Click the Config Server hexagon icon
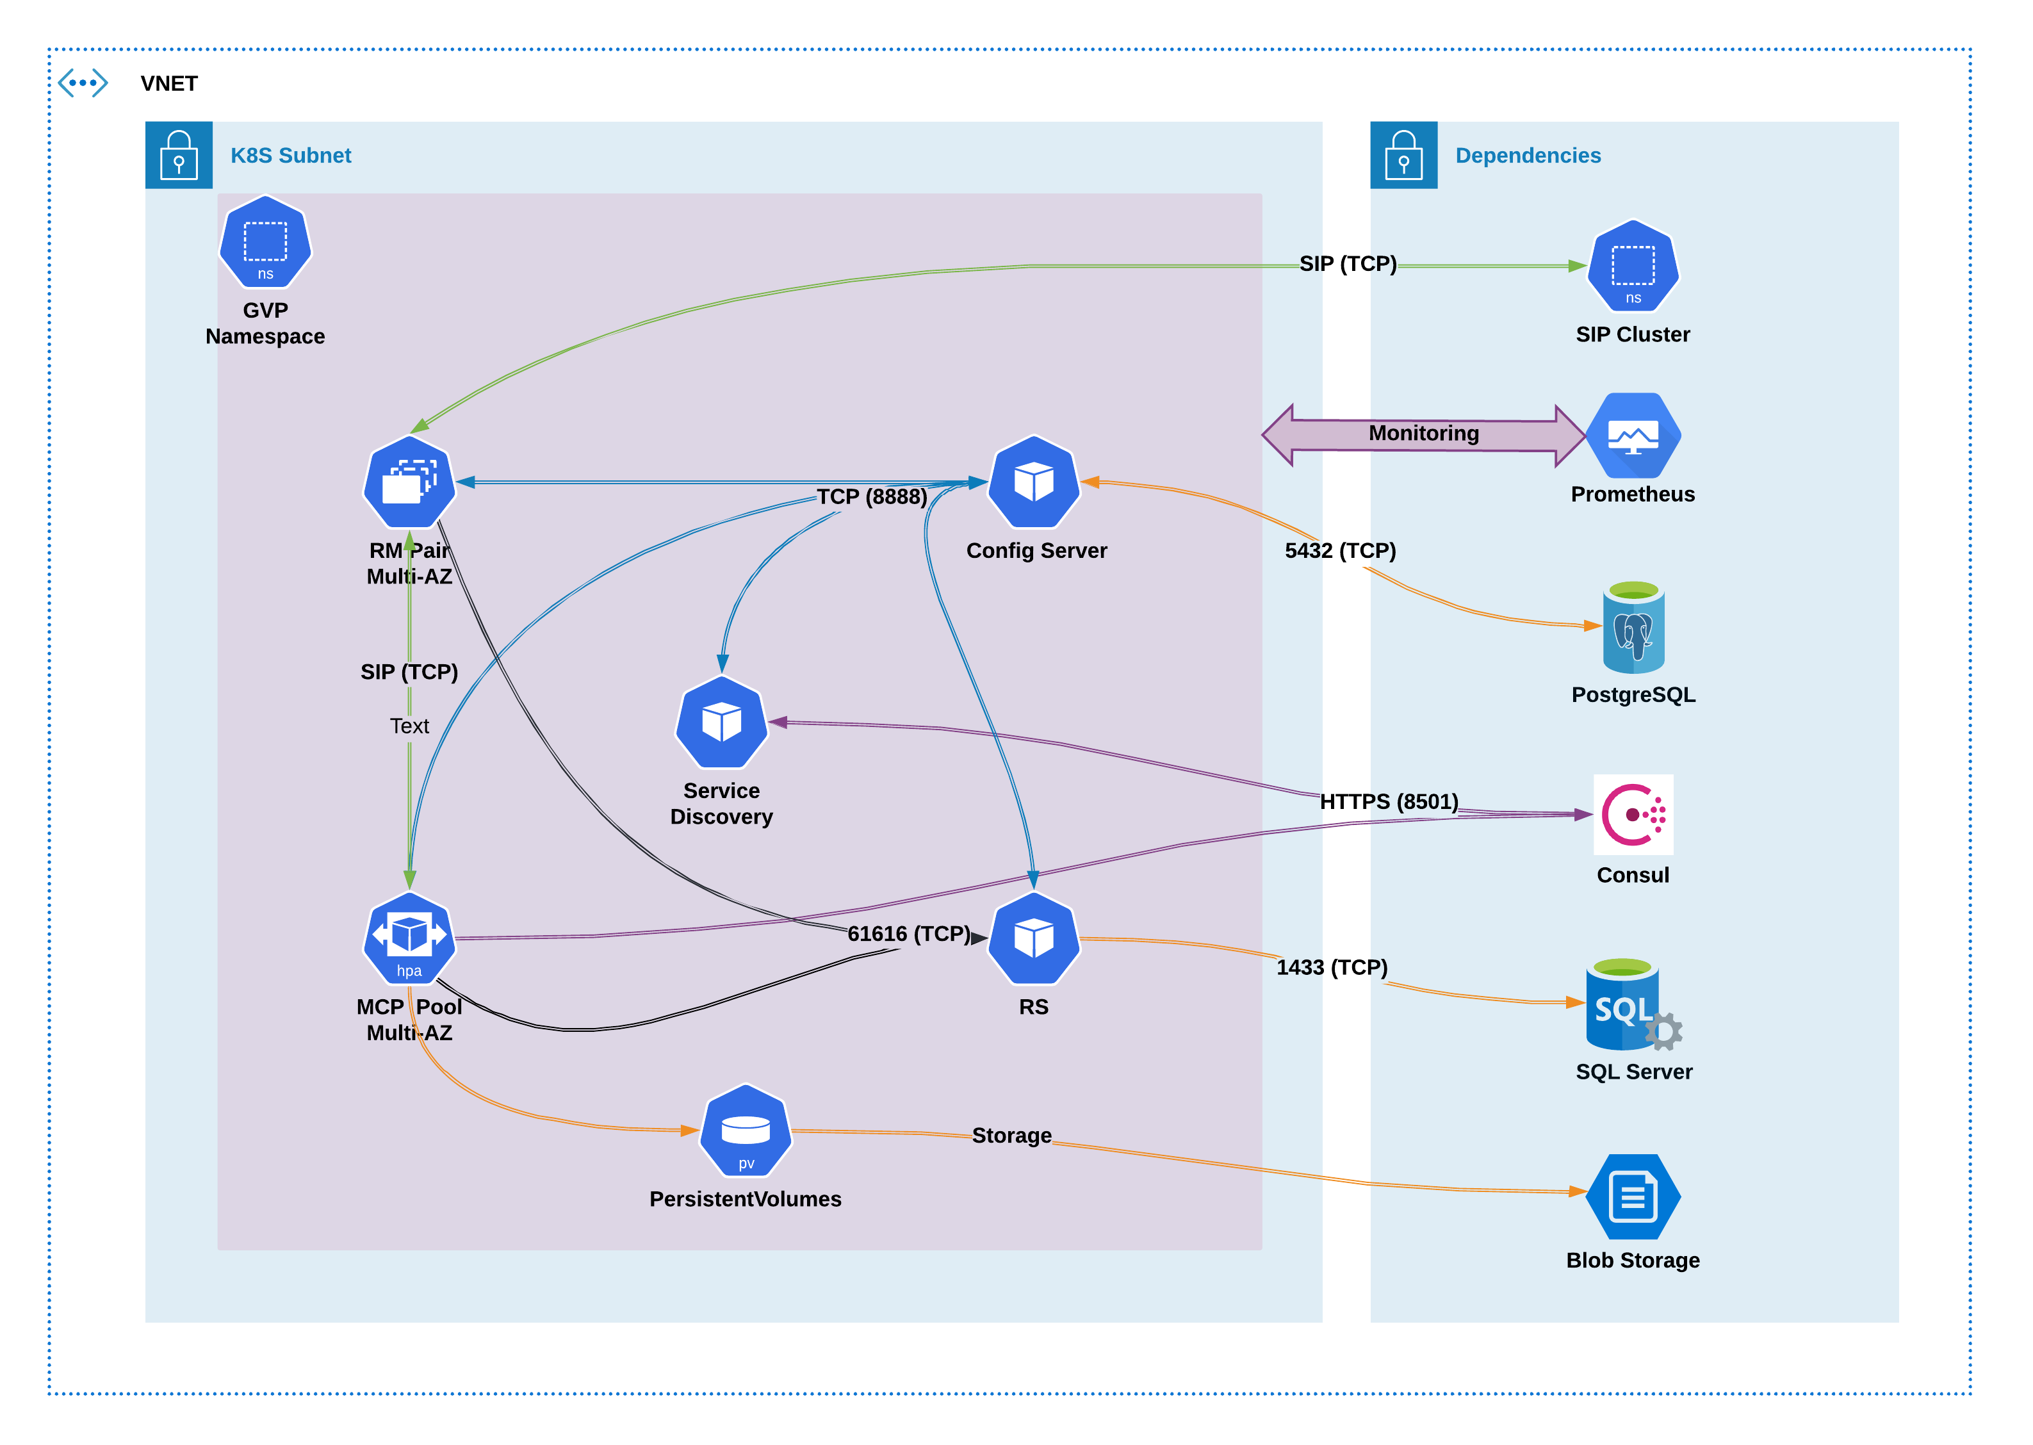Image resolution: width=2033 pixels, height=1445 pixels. (x=1034, y=482)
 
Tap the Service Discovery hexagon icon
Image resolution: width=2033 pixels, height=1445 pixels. (x=722, y=722)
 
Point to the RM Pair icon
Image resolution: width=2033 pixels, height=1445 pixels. (x=409, y=482)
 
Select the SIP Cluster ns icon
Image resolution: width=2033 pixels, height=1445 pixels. (x=1633, y=265)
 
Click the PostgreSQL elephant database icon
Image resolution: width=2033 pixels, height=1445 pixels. (x=1633, y=627)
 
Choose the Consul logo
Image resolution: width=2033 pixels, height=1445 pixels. (x=1633, y=814)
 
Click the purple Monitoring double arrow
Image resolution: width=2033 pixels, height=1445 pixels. (x=1423, y=435)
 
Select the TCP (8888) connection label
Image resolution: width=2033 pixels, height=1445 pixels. (x=872, y=496)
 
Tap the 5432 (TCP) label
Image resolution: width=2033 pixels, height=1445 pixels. (x=1340, y=551)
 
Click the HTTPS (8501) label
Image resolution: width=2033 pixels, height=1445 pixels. (x=1389, y=802)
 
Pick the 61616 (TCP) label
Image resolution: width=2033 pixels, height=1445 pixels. (x=908, y=933)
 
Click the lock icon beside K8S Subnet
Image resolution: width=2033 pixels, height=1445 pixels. (x=179, y=155)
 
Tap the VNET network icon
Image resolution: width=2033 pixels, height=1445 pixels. (x=83, y=83)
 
